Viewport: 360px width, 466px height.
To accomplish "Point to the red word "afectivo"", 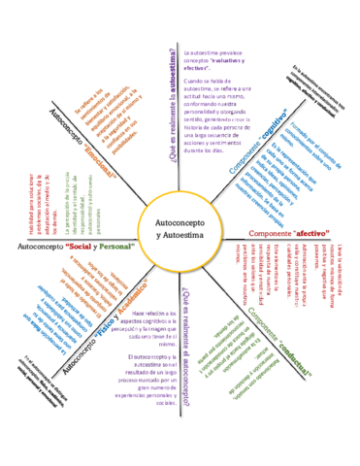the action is [x=309, y=233].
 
